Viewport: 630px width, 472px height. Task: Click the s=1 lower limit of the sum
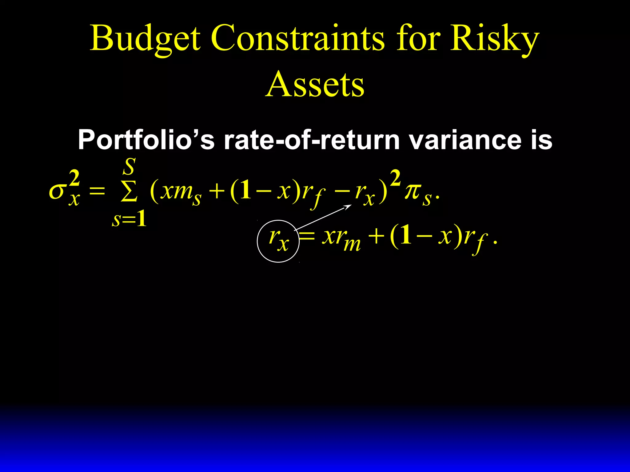[x=129, y=219]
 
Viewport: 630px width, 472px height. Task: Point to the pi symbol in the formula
[x=413, y=192]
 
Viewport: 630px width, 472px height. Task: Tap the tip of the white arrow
[x=351, y=205]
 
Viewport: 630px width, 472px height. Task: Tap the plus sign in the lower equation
[x=376, y=238]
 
